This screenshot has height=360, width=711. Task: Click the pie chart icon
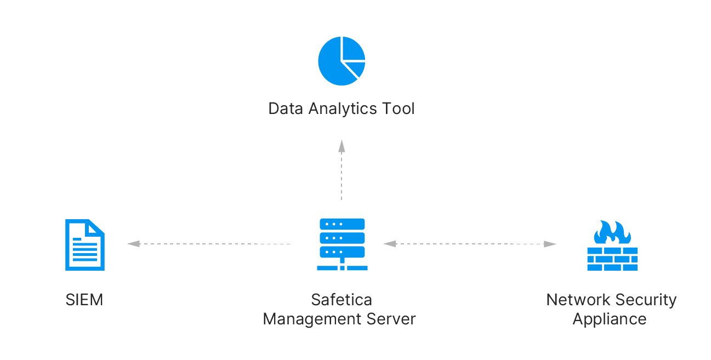[x=342, y=61]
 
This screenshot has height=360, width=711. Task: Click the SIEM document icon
[x=85, y=245]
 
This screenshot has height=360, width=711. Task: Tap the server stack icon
[x=342, y=244]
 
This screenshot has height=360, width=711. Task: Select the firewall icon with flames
[x=612, y=245]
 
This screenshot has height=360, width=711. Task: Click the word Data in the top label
[x=286, y=108]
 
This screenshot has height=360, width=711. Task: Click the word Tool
[x=399, y=108]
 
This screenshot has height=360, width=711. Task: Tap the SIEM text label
[x=84, y=300]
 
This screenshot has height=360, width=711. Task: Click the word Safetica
[x=342, y=300]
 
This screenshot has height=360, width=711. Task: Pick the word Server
[x=391, y=319]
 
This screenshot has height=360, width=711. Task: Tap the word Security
[x=646, y=300]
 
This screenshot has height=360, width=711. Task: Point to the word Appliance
[x=610, y=319]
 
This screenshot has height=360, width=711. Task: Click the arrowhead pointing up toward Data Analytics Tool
[x=342, y=146]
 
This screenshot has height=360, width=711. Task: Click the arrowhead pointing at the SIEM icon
[x=134, y=244]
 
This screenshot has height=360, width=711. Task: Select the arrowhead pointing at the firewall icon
[x=550, y=244]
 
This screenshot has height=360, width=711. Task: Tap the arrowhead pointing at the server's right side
[x=390, y=244]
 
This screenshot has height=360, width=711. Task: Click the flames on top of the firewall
[x=612, y=232]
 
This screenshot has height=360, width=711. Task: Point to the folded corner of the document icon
[x=96, y=227]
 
